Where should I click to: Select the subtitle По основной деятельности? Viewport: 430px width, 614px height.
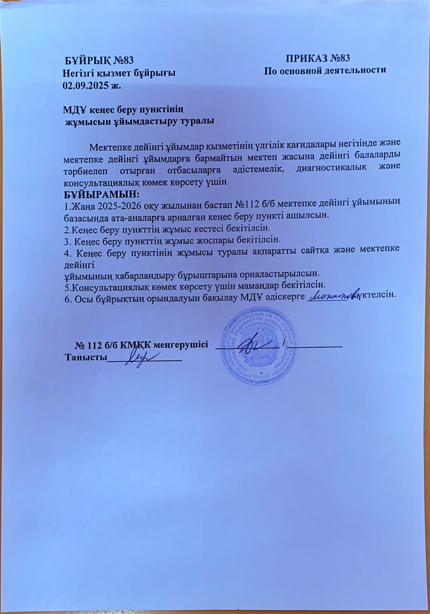coord(325,70)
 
